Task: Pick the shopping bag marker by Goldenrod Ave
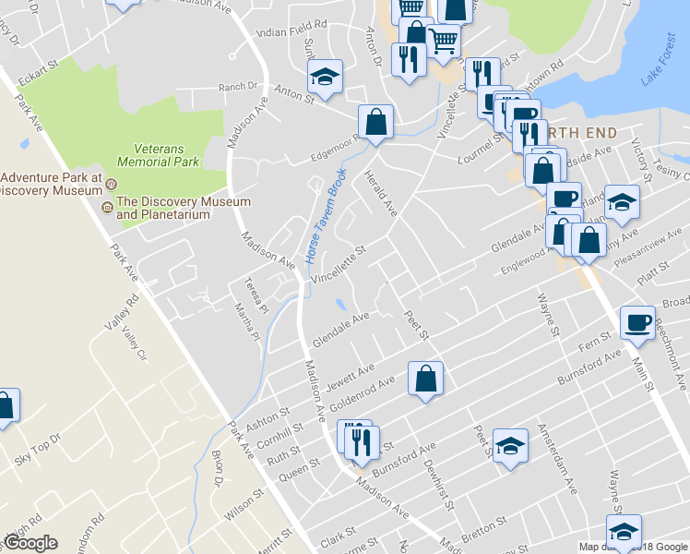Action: click(x=425, y=378)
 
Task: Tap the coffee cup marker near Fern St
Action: click(x=637, y=322)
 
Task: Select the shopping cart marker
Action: click(x=443, y=41)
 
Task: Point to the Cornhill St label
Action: click(x=273, y=429)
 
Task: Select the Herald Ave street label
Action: click(x=381, y=194)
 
